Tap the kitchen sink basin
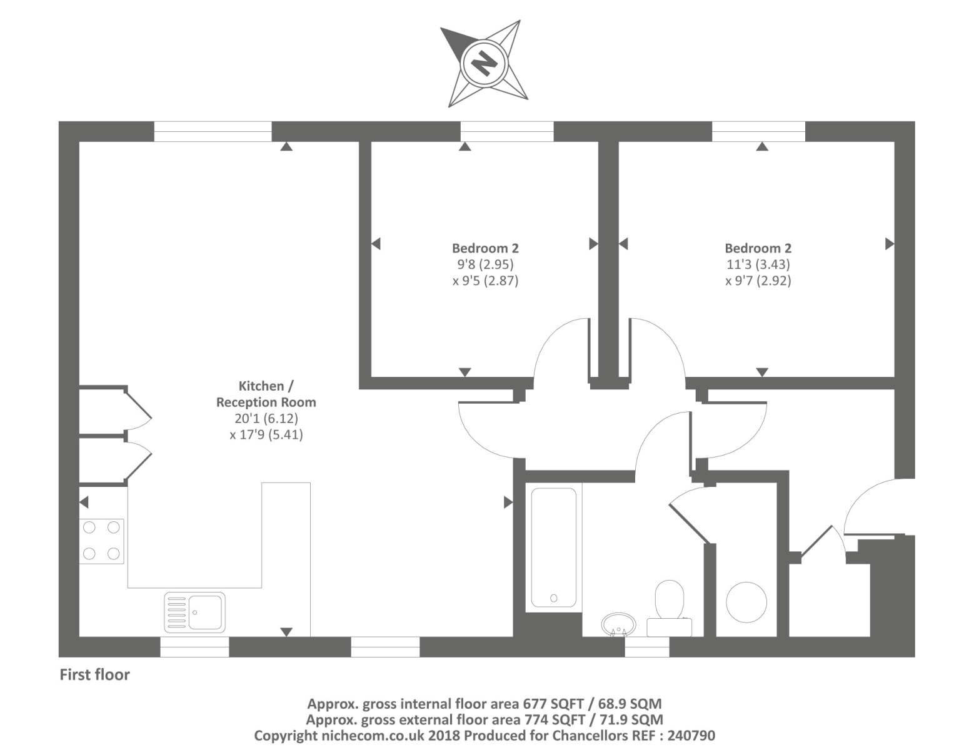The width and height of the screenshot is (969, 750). (x=205, y=612)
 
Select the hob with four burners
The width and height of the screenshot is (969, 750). (x=101, y=541)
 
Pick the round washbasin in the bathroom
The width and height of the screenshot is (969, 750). (x=618, y=623)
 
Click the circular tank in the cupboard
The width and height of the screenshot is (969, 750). (x=746, y=602)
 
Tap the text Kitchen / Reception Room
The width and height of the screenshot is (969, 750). (x=266, y=394)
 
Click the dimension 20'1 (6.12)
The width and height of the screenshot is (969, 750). (x=266, y=418)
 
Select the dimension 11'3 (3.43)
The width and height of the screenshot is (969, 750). (x=758, y=264)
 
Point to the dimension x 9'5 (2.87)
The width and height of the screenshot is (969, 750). (x=485, y=281)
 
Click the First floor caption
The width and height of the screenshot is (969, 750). (x=94, y=675)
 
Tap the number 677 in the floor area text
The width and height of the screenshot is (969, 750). (x=535, y=704)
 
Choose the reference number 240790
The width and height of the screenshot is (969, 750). (x=691, y=736)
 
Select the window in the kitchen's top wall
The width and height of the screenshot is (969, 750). (x=213, y=131)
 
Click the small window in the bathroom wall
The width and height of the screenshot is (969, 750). (x=647, y=647)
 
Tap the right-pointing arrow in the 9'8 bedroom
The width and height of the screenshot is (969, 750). (x=593, y=244)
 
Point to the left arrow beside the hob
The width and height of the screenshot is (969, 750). (x=84, y=502)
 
